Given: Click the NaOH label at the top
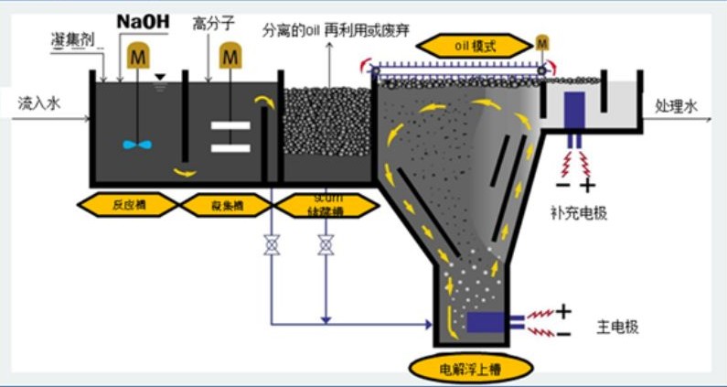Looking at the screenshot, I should (x=143, y=19).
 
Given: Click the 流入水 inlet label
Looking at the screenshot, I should (x=39, y=105).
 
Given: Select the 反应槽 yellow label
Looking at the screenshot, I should (x=129, y=204).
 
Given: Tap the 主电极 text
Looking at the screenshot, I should (x=618, y=324).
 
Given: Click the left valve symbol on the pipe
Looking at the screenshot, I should (x=271, y=246).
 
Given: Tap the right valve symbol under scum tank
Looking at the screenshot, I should (x=325, y=246).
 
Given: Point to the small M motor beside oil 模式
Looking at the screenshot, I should (x=543, y=42).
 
